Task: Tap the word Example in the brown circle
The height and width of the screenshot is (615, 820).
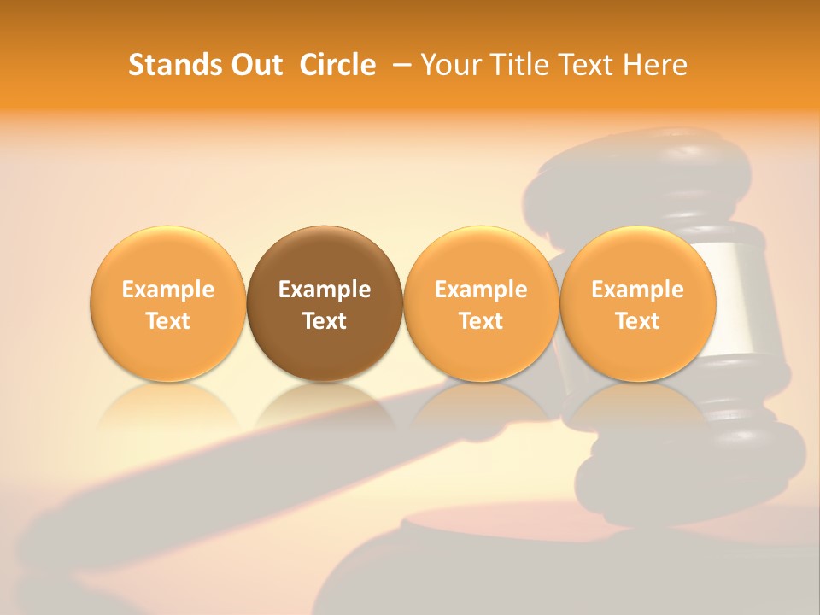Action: pyautogui.click(x=325, y=290)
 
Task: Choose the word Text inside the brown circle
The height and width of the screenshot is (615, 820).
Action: pyautogui.click(x=325, y=321)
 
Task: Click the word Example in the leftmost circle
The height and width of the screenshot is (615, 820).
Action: pyautogui.click(x=168, y=290)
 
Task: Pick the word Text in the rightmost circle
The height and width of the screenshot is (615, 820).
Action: pyautogui.click(x=637, y=321)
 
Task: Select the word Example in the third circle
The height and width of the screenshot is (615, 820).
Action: pyautogui.click(x=481, y=290)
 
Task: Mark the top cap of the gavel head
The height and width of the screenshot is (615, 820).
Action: pyautogui.click(x=649, y=158)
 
